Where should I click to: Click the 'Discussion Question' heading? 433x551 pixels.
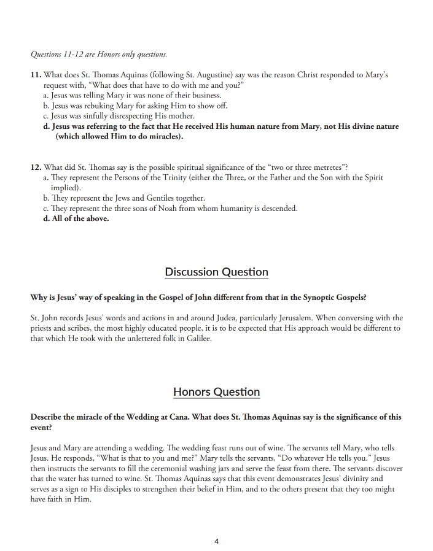216,272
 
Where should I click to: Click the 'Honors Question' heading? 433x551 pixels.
216,391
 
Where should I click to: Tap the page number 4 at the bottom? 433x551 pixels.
217,541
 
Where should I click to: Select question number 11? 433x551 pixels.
36,75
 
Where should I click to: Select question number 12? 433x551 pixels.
36,167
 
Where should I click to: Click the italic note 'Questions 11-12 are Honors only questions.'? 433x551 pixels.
98,54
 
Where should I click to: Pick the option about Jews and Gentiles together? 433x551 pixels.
124,198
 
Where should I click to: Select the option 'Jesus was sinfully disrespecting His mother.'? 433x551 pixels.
119,116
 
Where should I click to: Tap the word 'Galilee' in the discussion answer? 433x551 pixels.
198,339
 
